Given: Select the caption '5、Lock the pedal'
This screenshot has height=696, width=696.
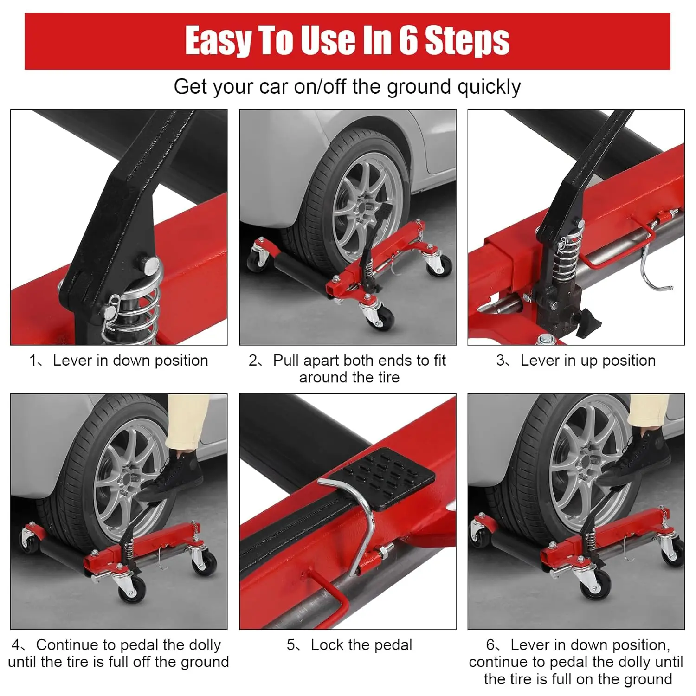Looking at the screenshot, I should pos(349,645).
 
